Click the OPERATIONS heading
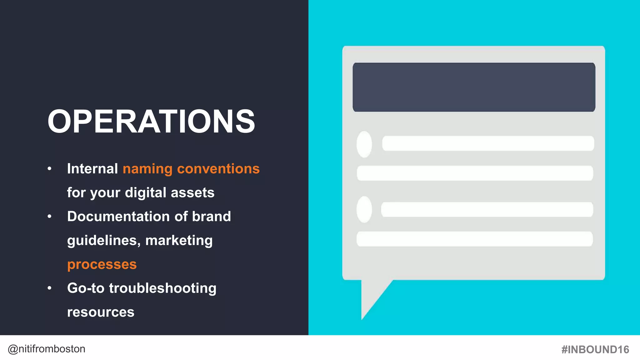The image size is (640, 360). coord(151,122)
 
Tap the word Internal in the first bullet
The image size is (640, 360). coord(92,169)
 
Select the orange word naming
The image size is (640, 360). coord(147,169)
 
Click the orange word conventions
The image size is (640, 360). coord(218,169)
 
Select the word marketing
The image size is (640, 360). coord(179,240)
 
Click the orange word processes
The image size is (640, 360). coord(102,264)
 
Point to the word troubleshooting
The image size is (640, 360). coord(162,288)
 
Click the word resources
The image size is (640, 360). coord(101,312)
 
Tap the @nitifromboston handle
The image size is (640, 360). coord(46,349)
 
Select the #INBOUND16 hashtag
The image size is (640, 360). coord(595,349)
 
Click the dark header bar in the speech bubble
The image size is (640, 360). coord(474,87)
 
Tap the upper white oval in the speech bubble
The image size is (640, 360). coord(364,144)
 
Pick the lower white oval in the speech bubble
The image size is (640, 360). coord(364,209)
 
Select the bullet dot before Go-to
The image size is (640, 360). coord(49,288)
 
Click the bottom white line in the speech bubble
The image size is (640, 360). coord(474,239)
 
